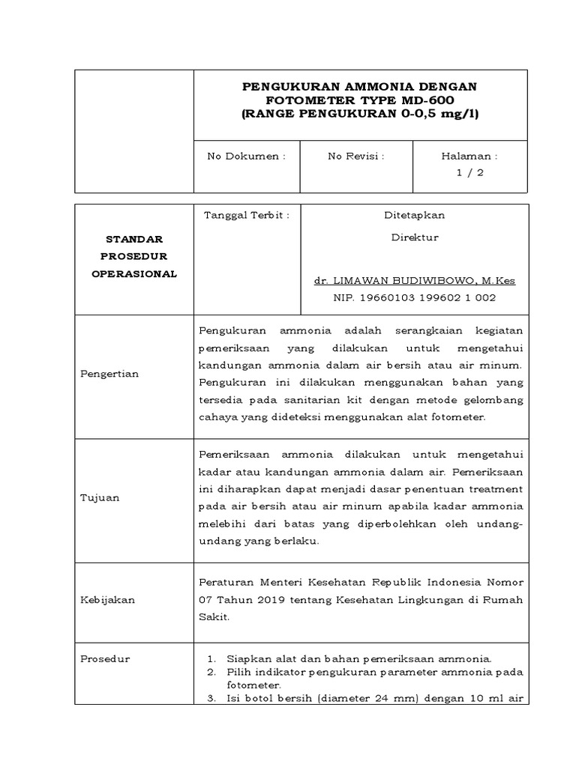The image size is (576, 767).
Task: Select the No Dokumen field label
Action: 246,157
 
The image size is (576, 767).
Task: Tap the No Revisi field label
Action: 356,157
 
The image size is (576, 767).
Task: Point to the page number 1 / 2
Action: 470,172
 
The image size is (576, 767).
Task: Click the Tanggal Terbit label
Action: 247,216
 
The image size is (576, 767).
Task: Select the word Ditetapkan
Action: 414,216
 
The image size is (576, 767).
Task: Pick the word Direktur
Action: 414,237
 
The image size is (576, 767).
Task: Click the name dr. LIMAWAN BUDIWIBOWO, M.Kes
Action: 414,281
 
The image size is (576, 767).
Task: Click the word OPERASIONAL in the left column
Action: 134,274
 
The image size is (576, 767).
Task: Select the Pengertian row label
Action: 109,374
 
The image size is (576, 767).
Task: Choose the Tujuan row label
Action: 100,497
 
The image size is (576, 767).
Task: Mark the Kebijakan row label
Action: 107,600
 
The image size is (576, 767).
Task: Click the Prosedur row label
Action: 105,659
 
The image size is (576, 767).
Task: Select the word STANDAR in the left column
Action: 134,240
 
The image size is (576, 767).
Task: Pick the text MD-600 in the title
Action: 428,100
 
